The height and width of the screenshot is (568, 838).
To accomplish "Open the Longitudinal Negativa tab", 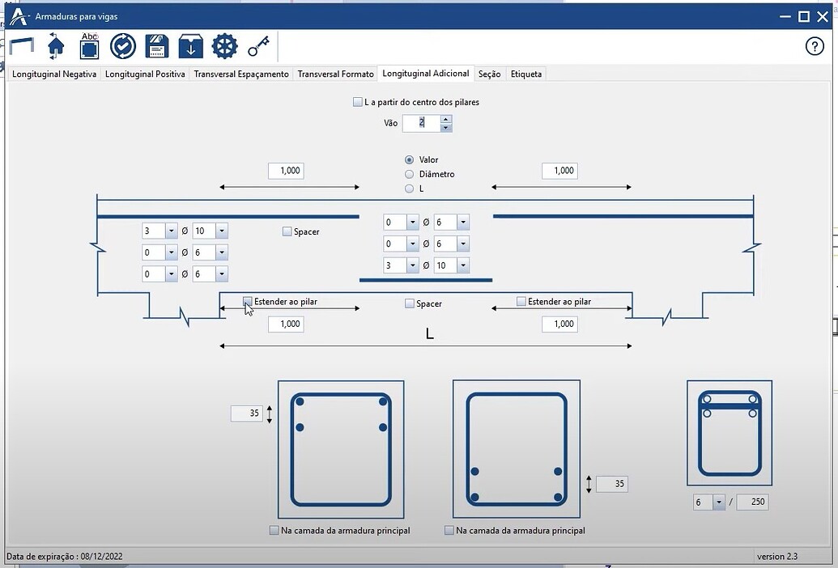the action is click(x=54, y=74).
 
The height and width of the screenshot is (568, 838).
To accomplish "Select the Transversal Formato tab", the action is click(x=336, y=74).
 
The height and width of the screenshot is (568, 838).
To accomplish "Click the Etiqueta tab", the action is click(x=526, y=74).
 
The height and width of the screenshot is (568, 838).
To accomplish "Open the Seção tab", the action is click(x=490, y=74).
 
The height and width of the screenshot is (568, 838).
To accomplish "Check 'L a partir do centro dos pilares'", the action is click(x=358, y=102).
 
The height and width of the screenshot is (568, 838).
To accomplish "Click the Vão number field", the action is click(x=422, y=123).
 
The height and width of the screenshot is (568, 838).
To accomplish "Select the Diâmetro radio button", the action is click(x=410, y=174).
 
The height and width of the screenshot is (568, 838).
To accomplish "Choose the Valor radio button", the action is click(x=410, y=159).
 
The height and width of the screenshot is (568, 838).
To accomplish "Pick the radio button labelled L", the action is click(x=410, y=189).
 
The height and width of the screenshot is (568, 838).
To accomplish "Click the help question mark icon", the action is click(x=815, y=46).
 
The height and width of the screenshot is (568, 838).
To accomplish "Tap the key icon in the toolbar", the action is click(x=258, y=46).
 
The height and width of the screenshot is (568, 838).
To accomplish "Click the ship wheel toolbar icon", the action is click(x=224, y=46).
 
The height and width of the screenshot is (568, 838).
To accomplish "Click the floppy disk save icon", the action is click(x=156, y=46).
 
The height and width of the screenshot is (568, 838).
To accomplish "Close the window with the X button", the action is click(x=823, y=16).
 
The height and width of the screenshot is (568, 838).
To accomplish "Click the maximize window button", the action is click(x=803, y=16).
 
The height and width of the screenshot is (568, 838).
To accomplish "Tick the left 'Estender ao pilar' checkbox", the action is click(x=248, y=301).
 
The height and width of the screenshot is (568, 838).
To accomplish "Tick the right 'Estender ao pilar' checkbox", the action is click(x=521, y=301).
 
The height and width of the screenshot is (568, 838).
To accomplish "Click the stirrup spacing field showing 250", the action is click(x=752, y=502).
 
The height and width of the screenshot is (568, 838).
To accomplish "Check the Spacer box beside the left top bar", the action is click(x=287, y=231).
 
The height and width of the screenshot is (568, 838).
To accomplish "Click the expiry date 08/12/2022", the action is click(x=101, y=556).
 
